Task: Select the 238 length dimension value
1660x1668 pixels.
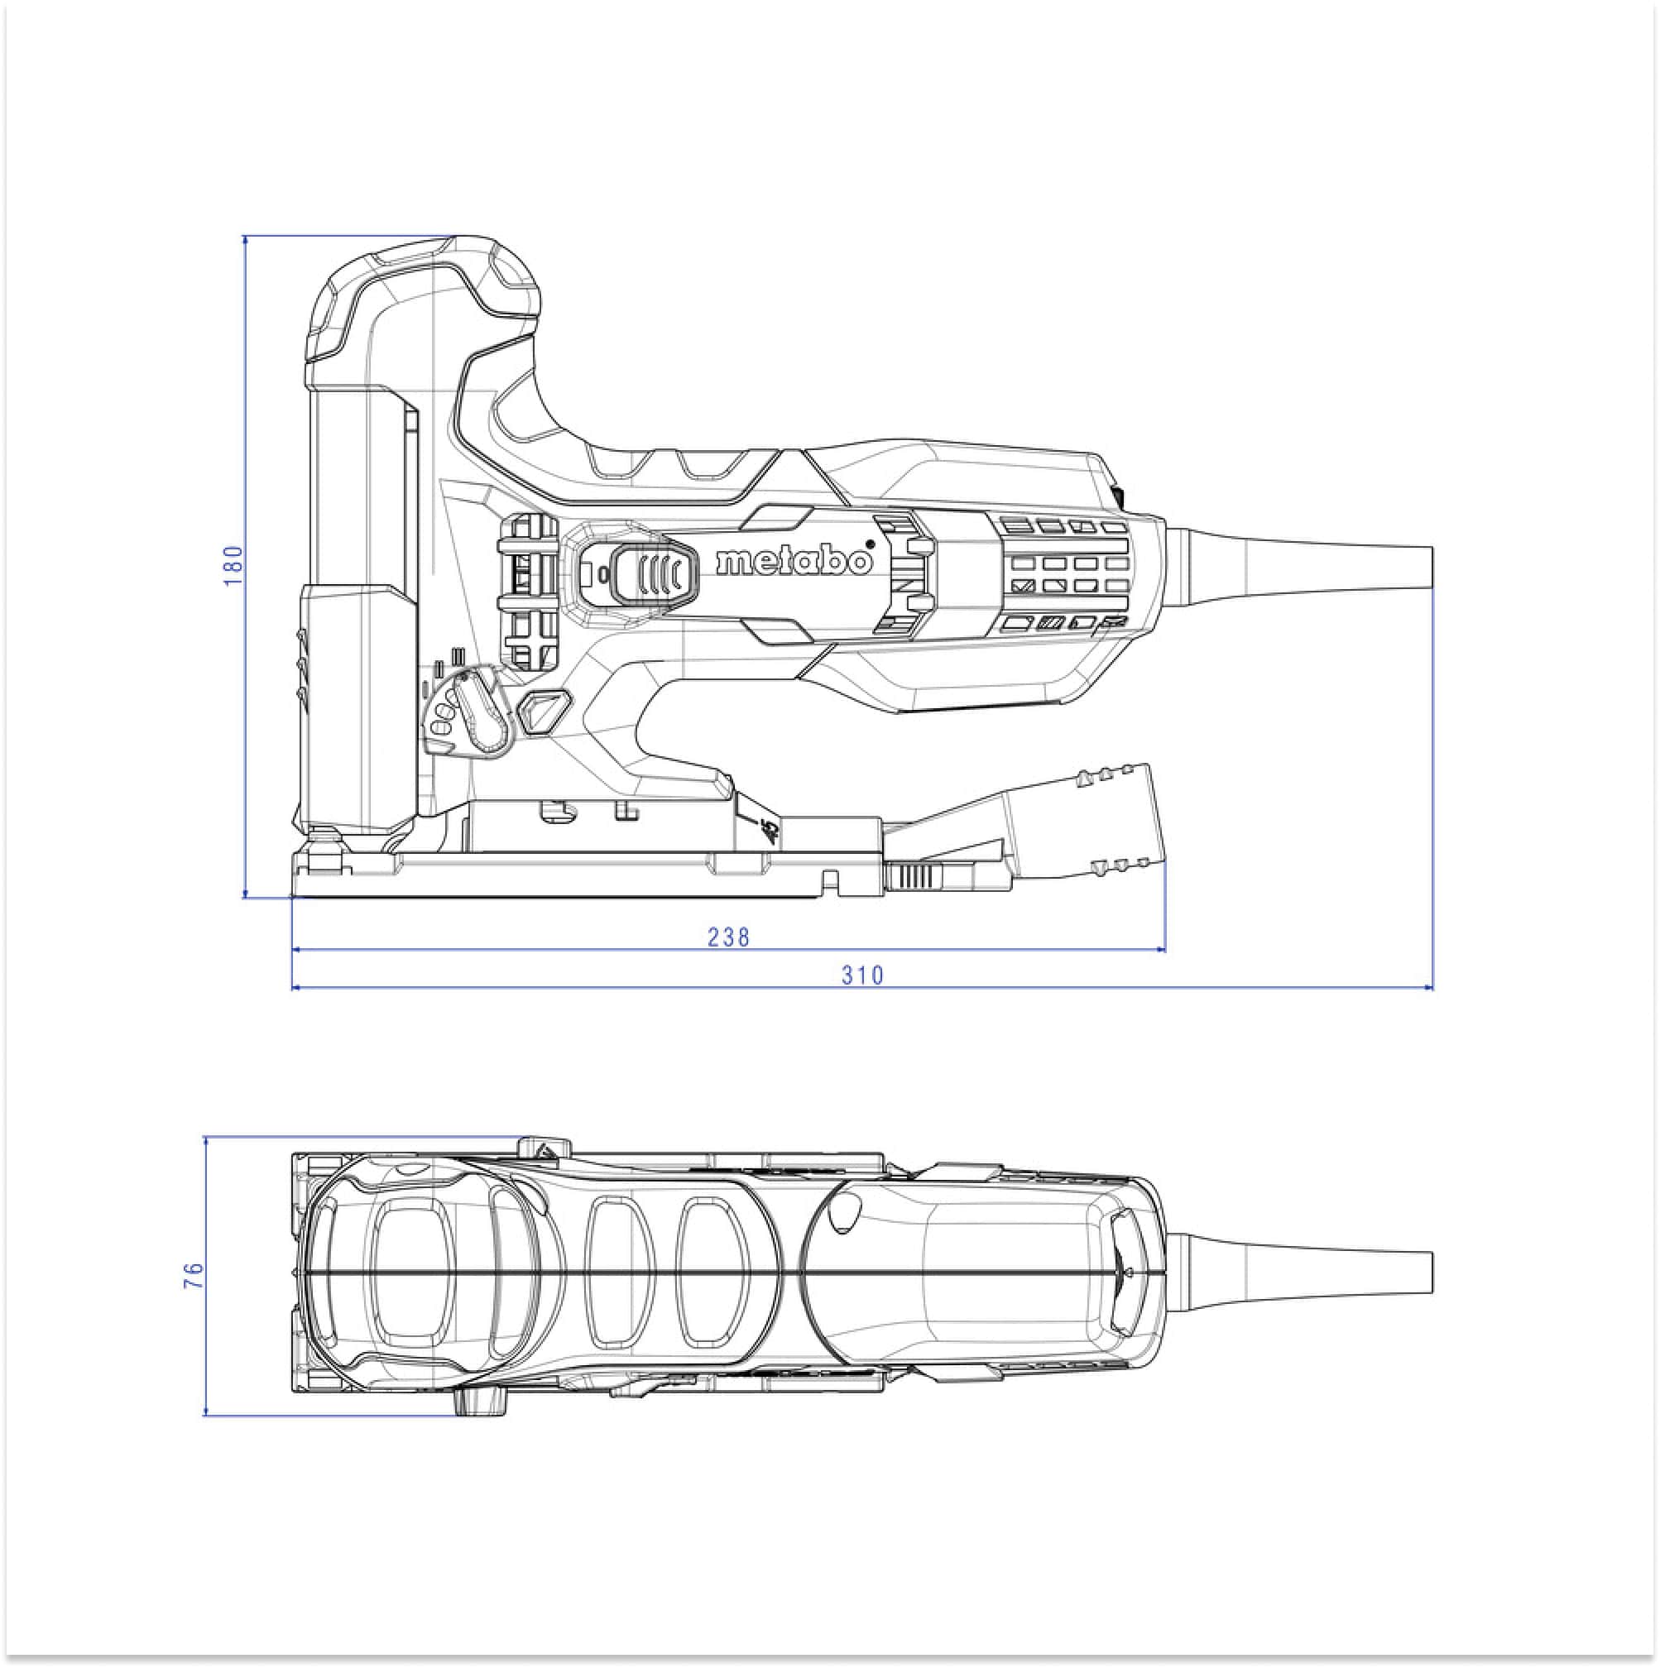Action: click(728, 937)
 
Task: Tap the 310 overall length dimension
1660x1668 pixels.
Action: click(863, 975)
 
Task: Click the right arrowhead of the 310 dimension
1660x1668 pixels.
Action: click(1427, 987)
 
